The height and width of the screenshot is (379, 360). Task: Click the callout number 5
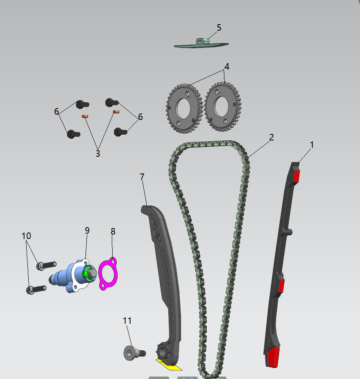pos(219,27)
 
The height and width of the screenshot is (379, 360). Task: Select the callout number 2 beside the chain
pos(272,137)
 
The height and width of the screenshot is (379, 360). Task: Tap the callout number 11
pos(127,321)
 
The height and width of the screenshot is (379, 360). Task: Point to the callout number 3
pos(98,153)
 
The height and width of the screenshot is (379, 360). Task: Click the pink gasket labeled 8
pos(108,274)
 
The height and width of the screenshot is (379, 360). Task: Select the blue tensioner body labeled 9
pos(72,276)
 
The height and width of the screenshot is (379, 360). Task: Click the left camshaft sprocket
pos(184,108)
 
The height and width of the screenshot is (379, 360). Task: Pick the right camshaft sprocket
pos(222,107)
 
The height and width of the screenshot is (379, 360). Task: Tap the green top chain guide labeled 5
pos(201,43)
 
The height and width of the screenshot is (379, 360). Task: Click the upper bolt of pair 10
pos(46,265)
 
